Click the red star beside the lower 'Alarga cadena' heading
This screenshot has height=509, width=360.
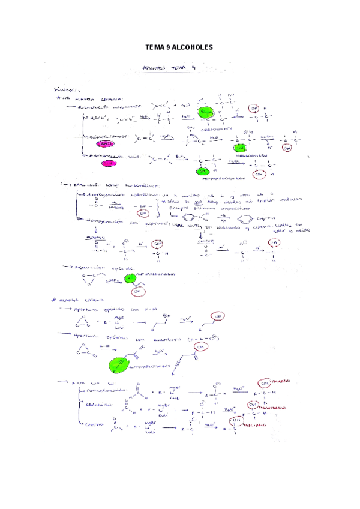[x=55, y=298]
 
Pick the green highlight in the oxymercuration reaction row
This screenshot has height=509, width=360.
[x=239, y=148]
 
